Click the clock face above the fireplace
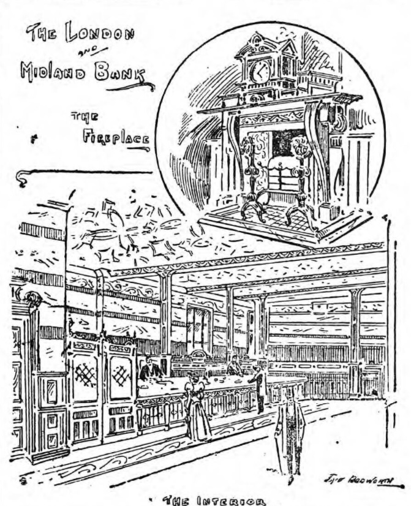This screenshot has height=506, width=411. pyautogui.click(x=260, y=72)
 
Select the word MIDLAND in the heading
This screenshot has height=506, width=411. pyautogui.click(x=55, y=71)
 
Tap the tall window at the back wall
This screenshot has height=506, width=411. pyautogui.click(x=199, y=331)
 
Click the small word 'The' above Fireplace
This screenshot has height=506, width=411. pyautogui.click(x=81, y=117)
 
